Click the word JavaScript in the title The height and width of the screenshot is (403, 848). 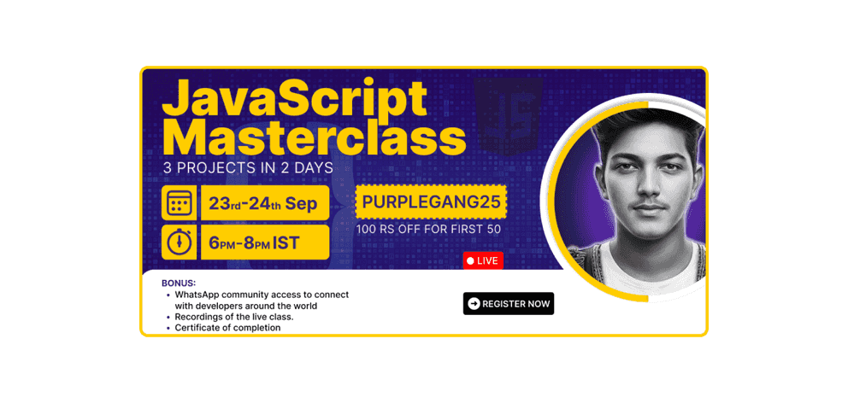tap(294, 100)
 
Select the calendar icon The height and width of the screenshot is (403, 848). tap(179, 203)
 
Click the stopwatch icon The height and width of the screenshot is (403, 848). tap(179, 242)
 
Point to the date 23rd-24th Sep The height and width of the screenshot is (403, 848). tap(263, 203)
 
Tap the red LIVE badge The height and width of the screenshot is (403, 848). tap(483, 260)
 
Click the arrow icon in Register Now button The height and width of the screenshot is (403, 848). tap(474, 303)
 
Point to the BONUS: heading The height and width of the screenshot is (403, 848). tap(179, 283)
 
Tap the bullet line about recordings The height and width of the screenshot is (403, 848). tap(234, 317)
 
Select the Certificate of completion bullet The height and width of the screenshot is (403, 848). tap(227, 328)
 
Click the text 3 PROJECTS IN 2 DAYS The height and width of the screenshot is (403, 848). tap(248, 168)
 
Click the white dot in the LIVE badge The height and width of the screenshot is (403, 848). tap(470, 260)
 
